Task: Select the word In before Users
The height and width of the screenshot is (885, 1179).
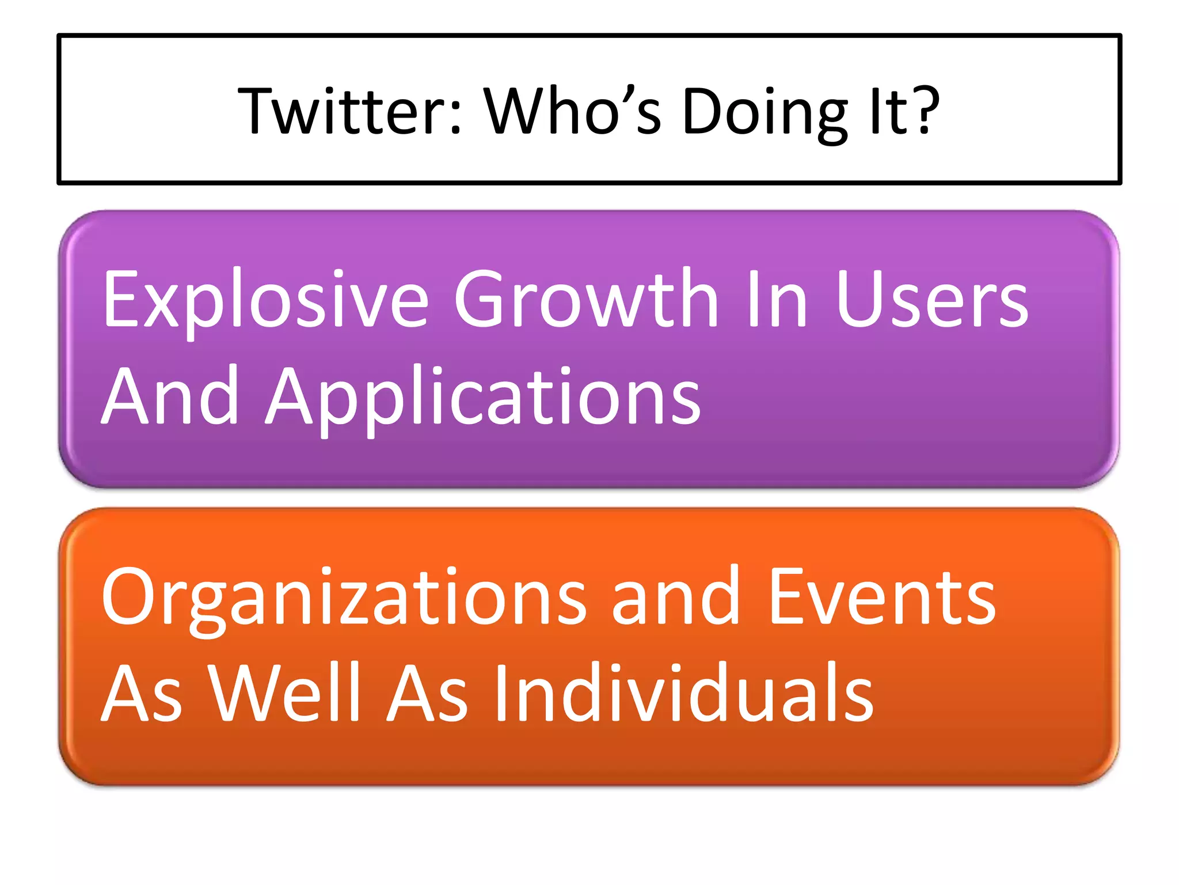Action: click(777, 300)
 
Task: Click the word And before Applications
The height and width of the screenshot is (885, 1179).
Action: click(170, 396)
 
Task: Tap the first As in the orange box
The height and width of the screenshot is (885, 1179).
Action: click(142, 694)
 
